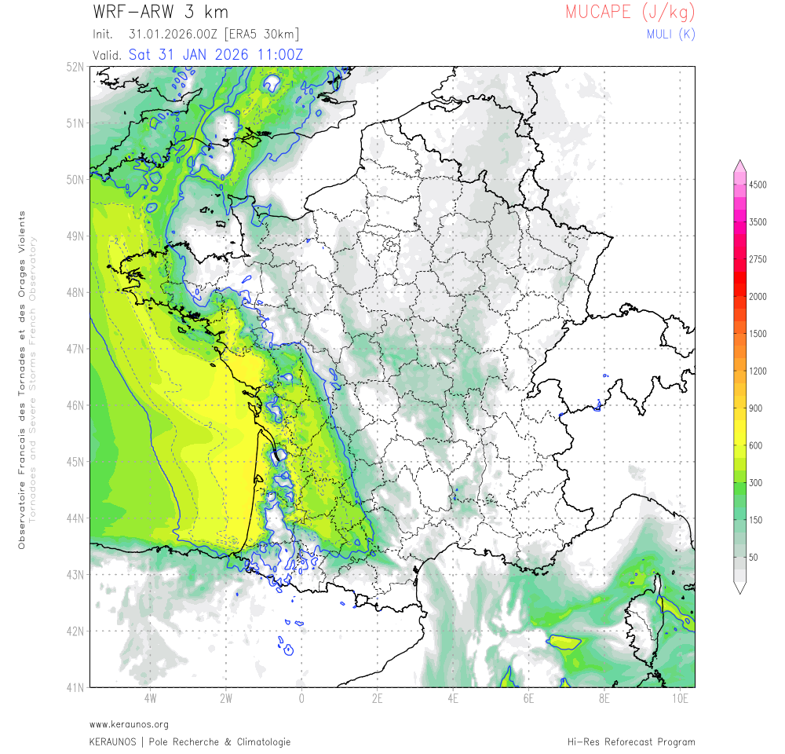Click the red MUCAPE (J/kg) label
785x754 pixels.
[630, 13]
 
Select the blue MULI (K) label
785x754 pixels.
[670, 34]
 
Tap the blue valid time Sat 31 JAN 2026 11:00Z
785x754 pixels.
[216, 54]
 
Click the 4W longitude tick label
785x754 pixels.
[150, 697]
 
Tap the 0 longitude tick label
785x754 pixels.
[301, 697]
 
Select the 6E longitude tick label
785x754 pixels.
[528, 697]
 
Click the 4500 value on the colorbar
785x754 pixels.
[758, 185]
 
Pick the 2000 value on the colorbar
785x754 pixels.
[758, 297]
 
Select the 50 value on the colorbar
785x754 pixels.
[753, 557]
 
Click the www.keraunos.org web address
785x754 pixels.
[129, 724]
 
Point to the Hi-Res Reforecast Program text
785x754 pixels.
[631, 741]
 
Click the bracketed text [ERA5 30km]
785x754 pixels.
[261, 35]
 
